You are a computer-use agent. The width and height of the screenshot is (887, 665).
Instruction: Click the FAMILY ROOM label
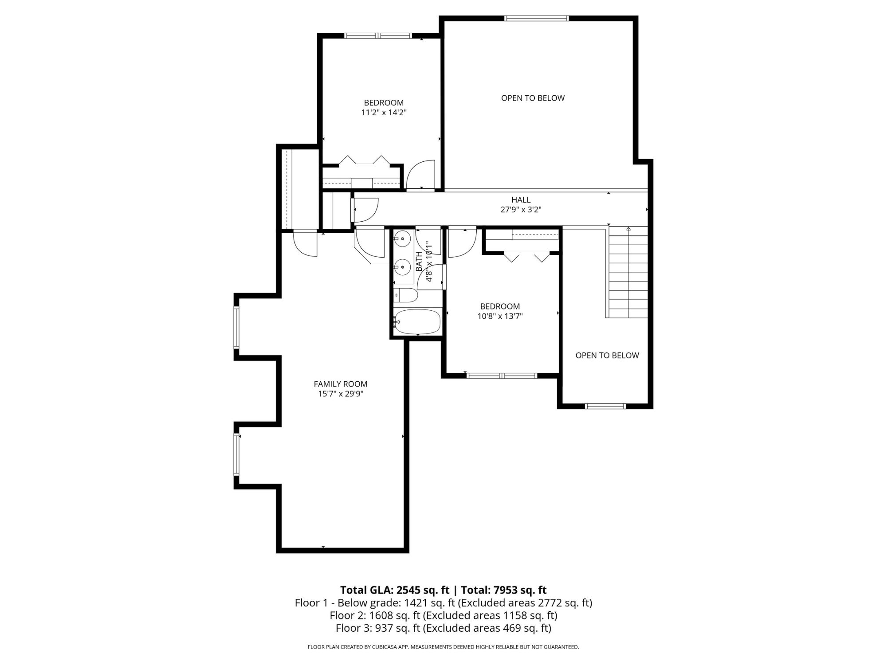[x=341, y=384]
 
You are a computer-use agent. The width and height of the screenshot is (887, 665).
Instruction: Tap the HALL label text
[x=521, y=200]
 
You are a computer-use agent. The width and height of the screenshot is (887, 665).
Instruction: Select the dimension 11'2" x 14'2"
[x=384, y=113]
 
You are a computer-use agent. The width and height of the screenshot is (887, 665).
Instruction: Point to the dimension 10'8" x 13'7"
[x=500, y=316]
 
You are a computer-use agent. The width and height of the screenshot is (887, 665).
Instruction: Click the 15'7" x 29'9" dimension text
[x=341, y=394]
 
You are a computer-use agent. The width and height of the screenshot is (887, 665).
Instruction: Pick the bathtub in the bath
[x=417, y=321]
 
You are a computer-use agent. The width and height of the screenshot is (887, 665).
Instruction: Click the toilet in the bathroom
[x=406, y=295]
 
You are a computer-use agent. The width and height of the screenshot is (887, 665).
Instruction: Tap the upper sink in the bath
[x=402, y=239]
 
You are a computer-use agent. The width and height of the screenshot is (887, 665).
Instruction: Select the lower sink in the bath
[x=402, y=267]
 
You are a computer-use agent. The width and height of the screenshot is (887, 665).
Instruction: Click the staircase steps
[x=628, y=273]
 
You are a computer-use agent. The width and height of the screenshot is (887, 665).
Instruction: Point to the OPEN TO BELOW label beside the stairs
[x=607, y=355]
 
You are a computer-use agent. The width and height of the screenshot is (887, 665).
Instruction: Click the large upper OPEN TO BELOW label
[x=533, y=98]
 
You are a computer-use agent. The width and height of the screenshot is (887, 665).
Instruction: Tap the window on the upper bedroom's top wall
[x=378, y=36]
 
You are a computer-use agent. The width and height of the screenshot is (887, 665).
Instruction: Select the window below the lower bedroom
[x=502, y=376]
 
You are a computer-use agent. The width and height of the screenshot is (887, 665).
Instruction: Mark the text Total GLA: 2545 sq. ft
[x=395, y=590]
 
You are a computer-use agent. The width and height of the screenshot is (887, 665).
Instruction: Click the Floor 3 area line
[x=443, y=628]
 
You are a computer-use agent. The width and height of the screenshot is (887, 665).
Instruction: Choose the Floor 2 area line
[x=443, y=615]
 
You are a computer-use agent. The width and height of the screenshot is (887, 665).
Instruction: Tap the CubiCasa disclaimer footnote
[x=443, y=647]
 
